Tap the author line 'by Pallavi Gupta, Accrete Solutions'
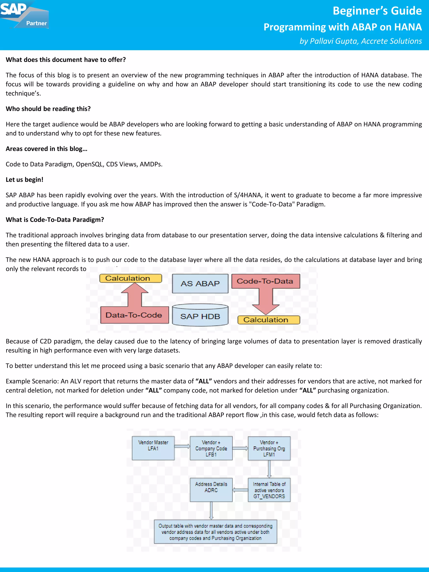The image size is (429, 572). click(x=361, y=41)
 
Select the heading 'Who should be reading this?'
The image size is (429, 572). click(x=48, y=109)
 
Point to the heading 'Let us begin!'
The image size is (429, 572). click(x=25, y=179)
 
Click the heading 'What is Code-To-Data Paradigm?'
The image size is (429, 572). click(x=55, y=220)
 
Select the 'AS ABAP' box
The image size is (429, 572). click(x=200, y=283)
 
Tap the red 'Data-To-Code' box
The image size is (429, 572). click(x=134, y=315)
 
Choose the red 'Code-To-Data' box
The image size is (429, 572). click(x=266, y=281)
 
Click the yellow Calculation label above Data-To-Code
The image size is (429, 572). click(x=130, y=278)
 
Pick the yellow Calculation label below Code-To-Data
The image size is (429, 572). click(x=268, y=320)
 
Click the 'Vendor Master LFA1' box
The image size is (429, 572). click(x=153, y=448)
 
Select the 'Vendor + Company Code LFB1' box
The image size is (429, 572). click(x=211, y=448)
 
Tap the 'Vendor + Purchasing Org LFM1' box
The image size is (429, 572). click(x=269, y=448)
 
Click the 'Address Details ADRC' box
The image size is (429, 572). click(x=211, y=490)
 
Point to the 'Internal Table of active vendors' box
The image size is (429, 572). click(x=269, y=490)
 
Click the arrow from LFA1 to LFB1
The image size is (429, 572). click(x=182, y=446)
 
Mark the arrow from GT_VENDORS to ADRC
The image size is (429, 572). click(x=240, y=490)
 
